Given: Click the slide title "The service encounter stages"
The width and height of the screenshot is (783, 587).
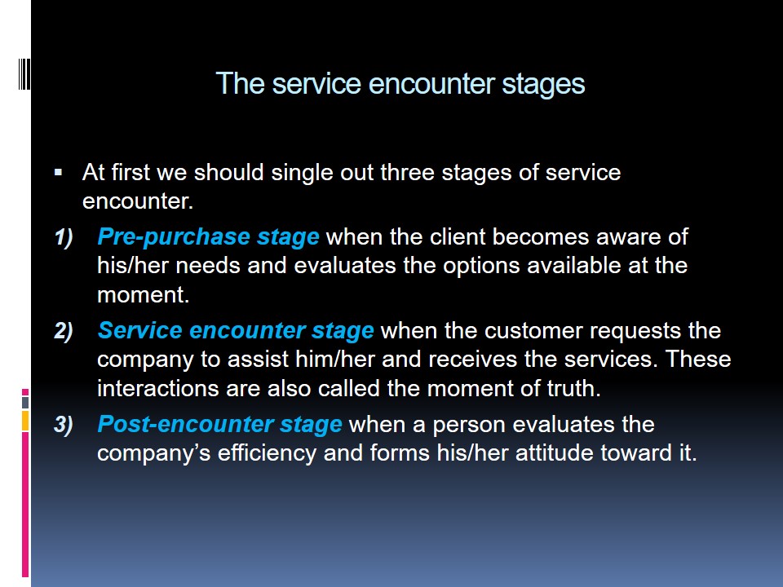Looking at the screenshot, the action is (400, 83).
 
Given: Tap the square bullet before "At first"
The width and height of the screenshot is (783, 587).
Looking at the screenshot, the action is (59, 173).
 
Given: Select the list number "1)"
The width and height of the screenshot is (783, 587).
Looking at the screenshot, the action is (64, 236).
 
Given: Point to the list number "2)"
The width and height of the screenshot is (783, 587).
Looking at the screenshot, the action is (64, 330).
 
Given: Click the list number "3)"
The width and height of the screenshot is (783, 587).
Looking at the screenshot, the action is (64, 424).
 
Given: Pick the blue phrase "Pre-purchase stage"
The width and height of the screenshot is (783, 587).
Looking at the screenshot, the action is (208, 236).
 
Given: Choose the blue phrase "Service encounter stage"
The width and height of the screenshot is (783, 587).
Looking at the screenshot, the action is (236, 330).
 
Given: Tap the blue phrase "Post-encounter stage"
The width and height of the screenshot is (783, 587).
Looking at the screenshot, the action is (219, 424).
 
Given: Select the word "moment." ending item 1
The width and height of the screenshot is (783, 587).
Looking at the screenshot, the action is (144, 294).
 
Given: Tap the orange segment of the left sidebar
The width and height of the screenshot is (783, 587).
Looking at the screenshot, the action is (25, 421).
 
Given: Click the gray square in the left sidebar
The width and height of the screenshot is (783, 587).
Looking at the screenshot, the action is (25, 402).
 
